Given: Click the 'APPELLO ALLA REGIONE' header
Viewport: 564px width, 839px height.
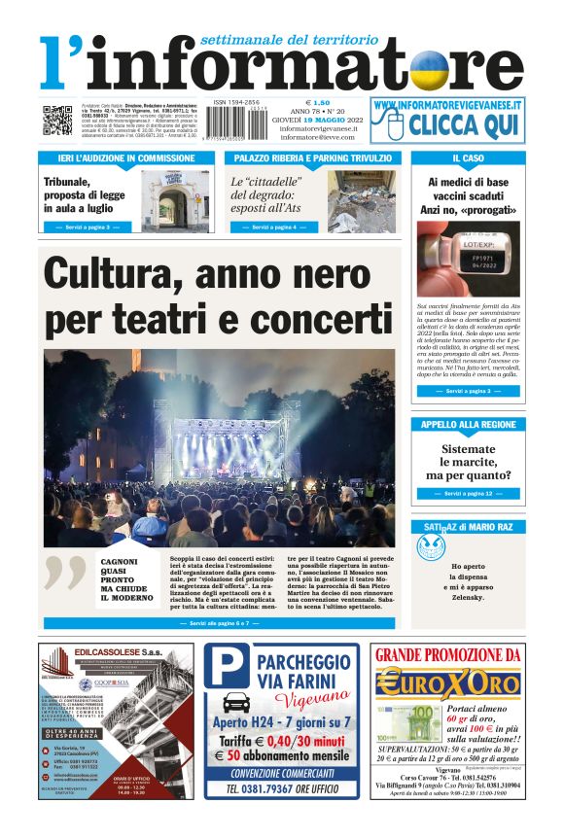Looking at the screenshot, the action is coord(468,425).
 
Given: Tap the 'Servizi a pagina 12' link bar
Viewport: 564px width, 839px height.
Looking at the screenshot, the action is coord(468,494).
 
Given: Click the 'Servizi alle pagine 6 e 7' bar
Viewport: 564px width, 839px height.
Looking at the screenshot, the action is coord(219,622).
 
